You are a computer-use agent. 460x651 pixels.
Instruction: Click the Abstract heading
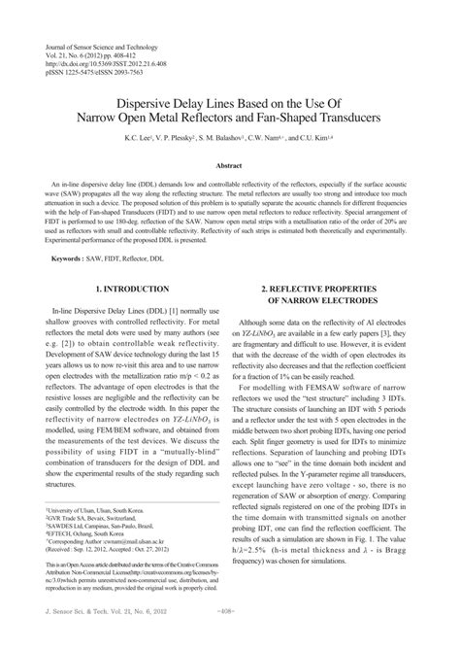click(x=229, y=166)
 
